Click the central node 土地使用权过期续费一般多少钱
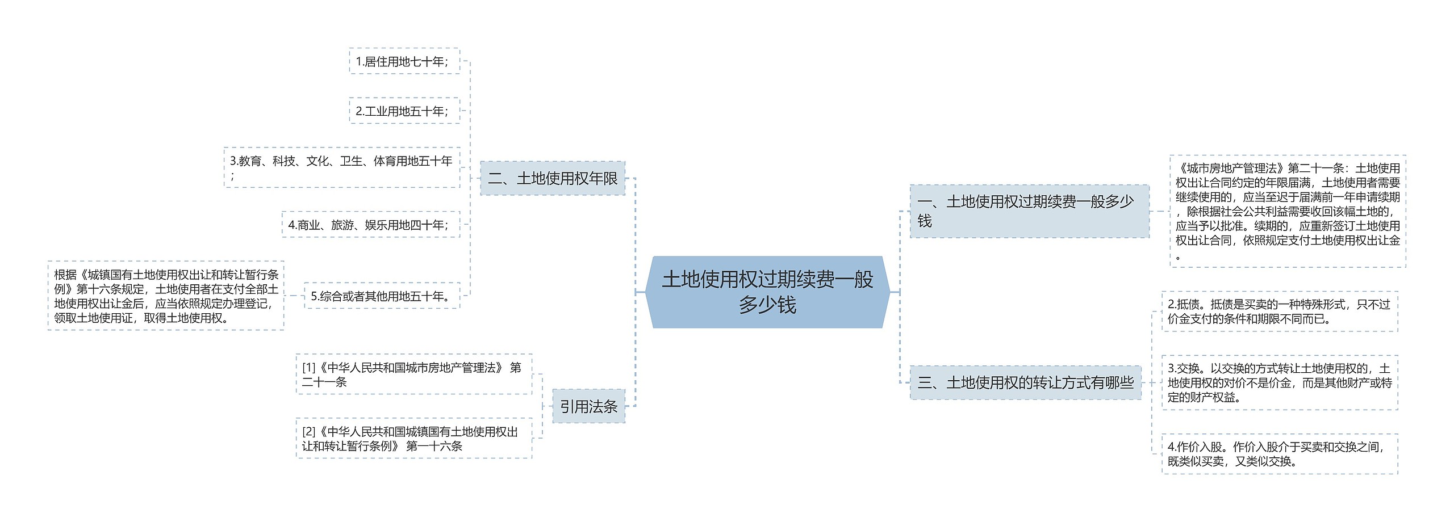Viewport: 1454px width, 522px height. [767, 292]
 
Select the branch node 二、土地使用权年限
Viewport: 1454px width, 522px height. [553, 179]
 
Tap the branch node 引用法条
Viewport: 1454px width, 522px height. [588, 406]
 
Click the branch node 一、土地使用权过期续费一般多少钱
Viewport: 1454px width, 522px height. [1029, 211]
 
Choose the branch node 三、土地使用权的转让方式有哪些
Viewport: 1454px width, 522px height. [1025, 383]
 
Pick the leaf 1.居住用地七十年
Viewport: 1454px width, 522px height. [404, 61]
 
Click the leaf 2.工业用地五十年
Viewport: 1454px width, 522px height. [404, 111]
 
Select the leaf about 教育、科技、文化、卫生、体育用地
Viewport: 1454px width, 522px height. [342, 167]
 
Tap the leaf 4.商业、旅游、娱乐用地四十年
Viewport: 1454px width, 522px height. [370, 225]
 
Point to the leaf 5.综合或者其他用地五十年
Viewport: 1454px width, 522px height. [382, 296]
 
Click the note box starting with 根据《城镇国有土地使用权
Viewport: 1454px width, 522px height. [166, 296]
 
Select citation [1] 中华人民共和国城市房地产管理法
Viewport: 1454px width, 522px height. [413, 374]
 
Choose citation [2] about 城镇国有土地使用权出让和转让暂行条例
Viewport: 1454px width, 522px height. [413, 439]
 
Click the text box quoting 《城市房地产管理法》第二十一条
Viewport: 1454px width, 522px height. [1288, 211]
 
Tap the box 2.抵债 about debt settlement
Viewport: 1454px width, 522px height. [1280, 311]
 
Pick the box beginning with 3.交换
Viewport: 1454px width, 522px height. [1280, 383]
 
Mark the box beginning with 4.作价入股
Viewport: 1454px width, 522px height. [1280, 454]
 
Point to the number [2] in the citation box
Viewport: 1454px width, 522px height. [308, 432]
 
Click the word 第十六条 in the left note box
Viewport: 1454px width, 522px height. [105, 289]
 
